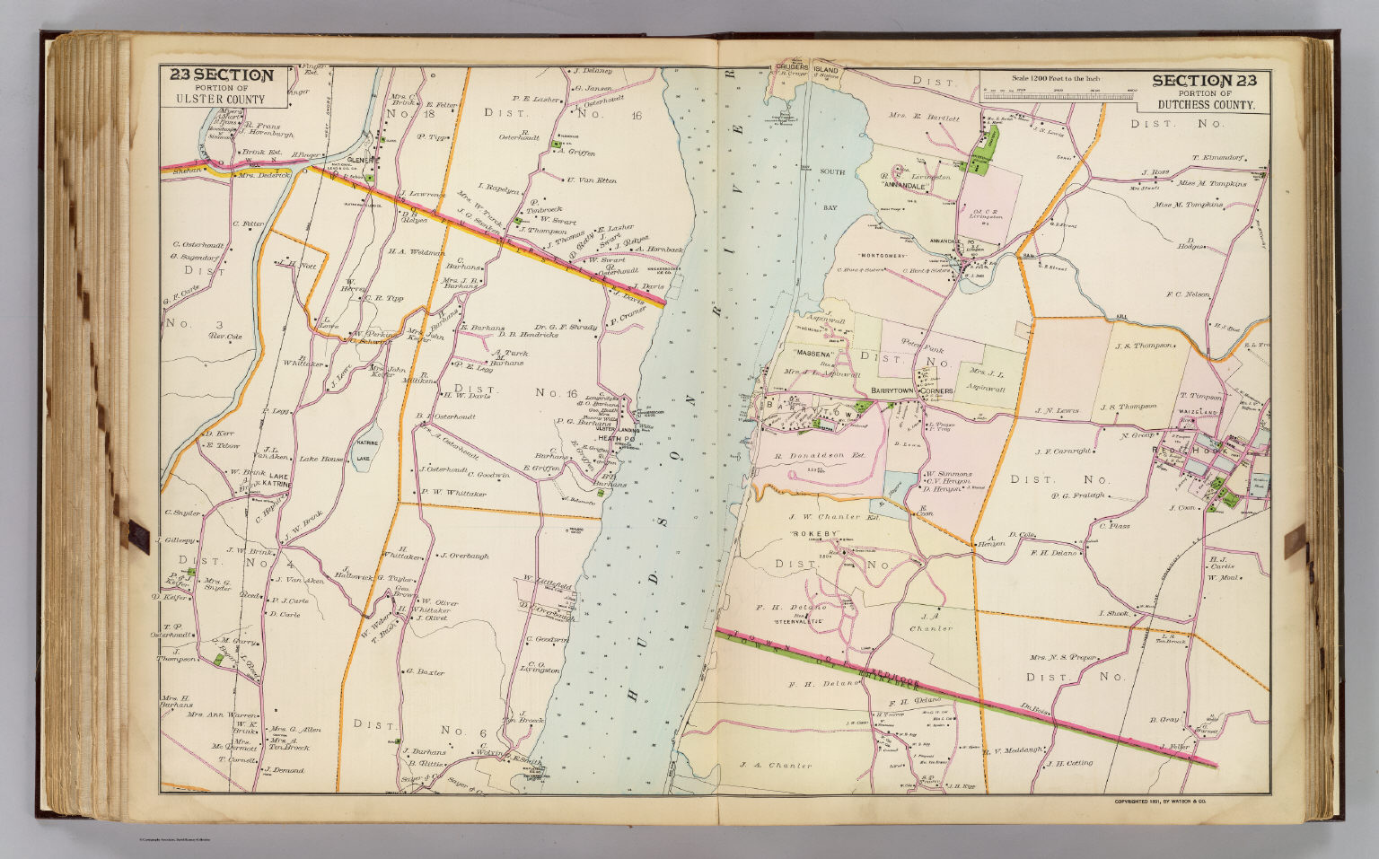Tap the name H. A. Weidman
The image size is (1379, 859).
point(417,253)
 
